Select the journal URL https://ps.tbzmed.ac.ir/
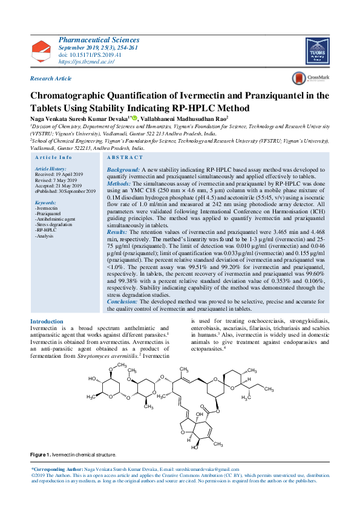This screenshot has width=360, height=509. pyautogui.click(x=87, y=62)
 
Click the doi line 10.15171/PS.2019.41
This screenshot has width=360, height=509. pyautogui.click(x=90, y=54)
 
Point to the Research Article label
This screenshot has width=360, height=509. pyautogui.click(x=51, y=79)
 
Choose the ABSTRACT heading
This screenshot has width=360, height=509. pyautogui.click(x=125, y=157)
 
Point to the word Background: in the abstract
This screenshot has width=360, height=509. pyautogui.click(x=123, y=170)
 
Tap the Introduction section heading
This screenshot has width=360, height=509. pyautogui.click(x=47, y=322)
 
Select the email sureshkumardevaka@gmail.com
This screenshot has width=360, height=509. pyautogui.click(x=208, y=469)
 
